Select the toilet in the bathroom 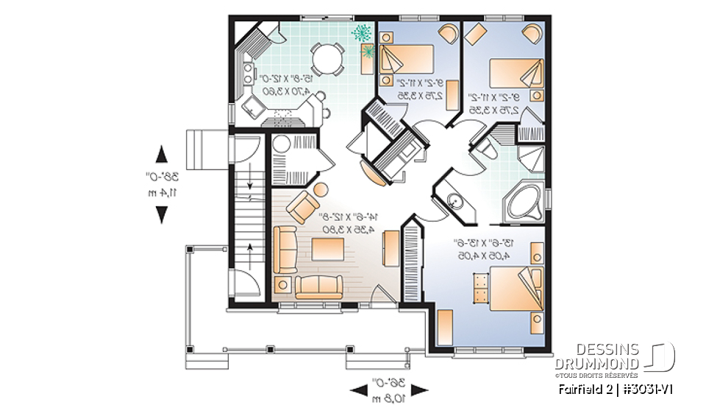click(486, 151)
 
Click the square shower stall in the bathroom click(530, 158)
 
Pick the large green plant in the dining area click(361, 32)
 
